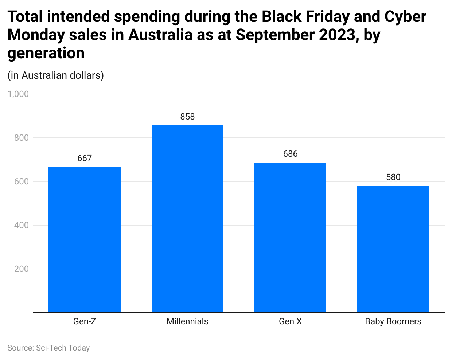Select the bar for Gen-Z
85,239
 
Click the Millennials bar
187,219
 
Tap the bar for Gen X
290,237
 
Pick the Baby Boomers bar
393,249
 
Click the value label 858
187,117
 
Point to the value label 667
85,158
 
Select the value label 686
290,154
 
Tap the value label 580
393,177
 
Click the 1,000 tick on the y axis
18,94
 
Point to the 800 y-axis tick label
22,138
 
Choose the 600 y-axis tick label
22,181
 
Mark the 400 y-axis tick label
22,225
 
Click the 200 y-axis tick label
22,269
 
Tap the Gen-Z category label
85,321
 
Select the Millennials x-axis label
187,321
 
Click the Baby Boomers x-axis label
393,321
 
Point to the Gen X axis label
290,321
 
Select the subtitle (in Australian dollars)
55,75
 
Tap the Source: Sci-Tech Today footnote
48,348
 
